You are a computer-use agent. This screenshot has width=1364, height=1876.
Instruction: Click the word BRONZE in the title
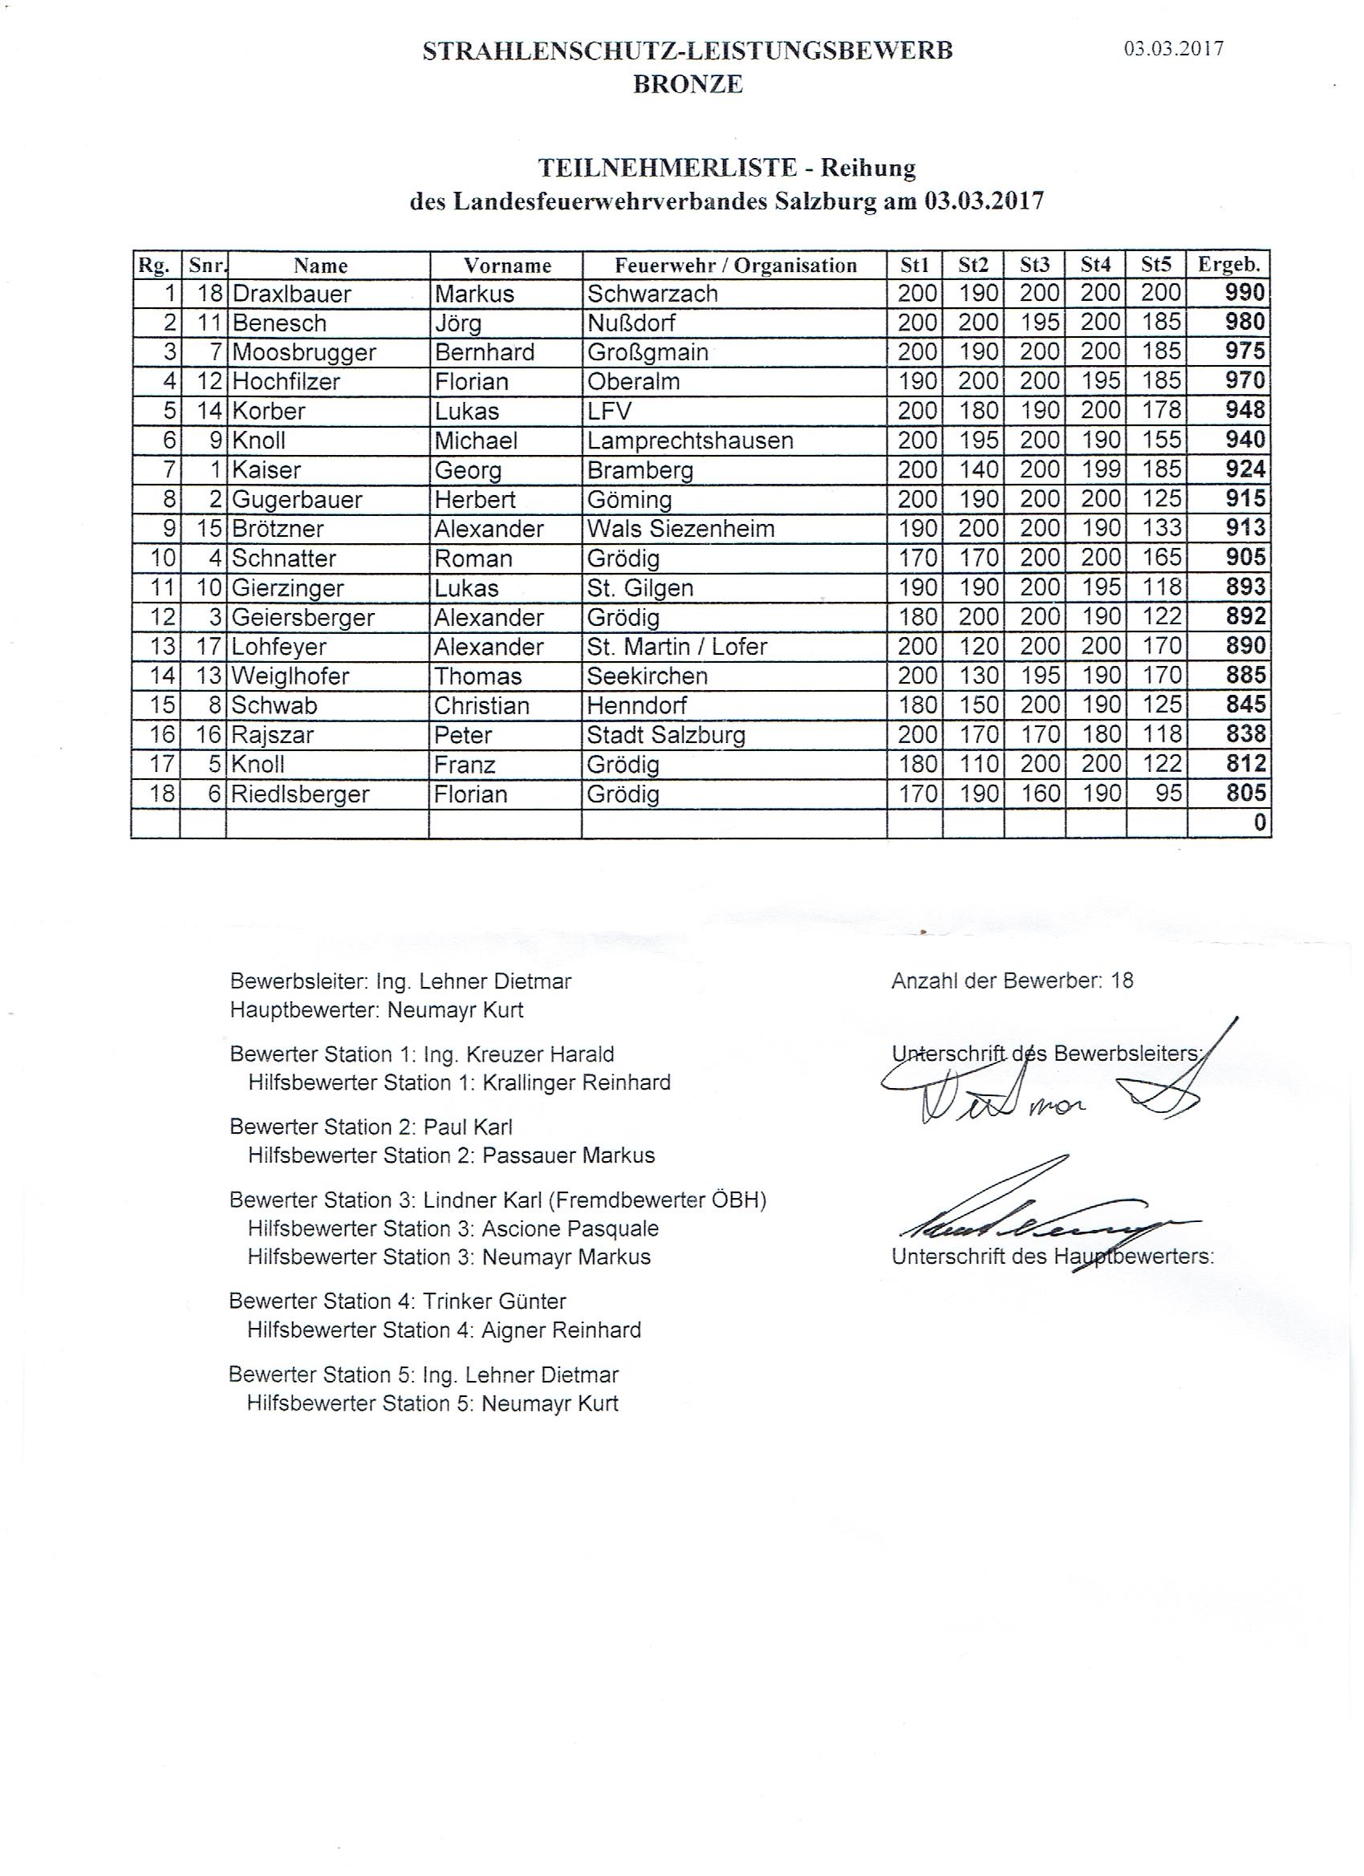[688, 84]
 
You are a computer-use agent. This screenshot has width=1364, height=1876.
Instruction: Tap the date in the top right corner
[1173, 49]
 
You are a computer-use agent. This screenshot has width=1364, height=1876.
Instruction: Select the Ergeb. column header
[1228, 266]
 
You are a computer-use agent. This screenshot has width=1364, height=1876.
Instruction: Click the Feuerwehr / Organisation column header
[735, 266]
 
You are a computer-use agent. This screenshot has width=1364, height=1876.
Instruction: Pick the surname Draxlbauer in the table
[291, 294]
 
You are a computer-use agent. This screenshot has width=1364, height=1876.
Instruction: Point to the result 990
[1245, 293]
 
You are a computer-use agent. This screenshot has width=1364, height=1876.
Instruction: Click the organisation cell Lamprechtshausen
[690, 441]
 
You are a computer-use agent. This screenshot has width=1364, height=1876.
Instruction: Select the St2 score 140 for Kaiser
[979, 470]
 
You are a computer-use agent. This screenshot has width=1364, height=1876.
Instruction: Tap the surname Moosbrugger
[303, 353]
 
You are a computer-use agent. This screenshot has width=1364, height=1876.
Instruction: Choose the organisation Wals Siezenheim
[680, 530]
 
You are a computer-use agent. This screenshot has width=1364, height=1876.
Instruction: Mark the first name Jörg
[458, 323]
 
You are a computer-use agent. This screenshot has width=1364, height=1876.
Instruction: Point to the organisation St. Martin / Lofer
[676, 647]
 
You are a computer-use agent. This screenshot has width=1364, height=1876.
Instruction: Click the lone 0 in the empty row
[1259, 824]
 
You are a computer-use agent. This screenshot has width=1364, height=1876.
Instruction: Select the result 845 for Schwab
[1245, 705]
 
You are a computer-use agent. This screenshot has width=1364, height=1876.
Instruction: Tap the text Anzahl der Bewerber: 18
[1012, 981]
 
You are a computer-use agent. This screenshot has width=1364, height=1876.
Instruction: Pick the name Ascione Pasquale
[570, 1229]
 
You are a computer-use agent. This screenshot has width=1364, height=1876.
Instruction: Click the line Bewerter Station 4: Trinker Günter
[397, 1301]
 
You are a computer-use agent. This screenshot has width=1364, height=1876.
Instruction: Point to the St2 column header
[972, 266]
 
